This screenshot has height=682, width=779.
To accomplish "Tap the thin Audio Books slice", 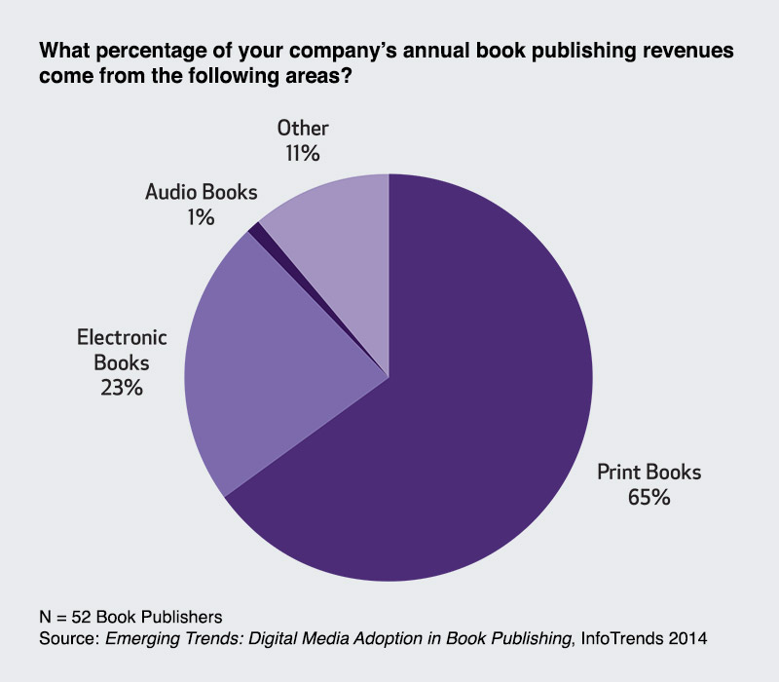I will pos(256,229).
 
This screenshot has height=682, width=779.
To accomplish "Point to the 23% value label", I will pos(123,387).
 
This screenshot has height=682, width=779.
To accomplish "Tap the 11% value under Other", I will pos(303,153).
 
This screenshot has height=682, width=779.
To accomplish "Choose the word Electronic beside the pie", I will pos(123,338).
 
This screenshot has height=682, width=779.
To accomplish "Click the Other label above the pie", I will pos(303,129).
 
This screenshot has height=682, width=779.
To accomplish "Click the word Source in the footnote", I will pos(66,639).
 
